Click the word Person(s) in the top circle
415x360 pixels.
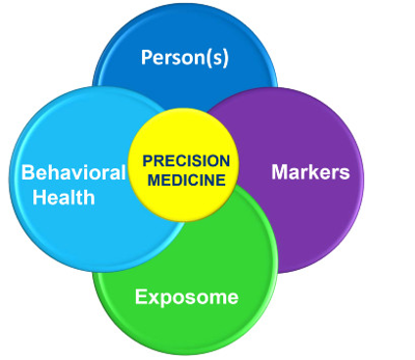(x=185, y=57)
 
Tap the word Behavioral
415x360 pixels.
(x=74, y=173)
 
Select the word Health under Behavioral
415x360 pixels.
(x=64, y=197)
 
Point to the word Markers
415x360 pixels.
(x=309, y=173)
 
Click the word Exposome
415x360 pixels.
(x=186, y=295)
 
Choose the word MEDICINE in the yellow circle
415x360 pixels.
(x=186, y=179)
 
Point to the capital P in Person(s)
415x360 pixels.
(x=146, y=57)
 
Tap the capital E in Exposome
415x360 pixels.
(x=140, y=295)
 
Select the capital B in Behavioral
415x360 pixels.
(x=27, y=173)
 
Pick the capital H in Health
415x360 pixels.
(x=39, y=197)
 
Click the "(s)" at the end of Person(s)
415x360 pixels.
(x=217, y=57)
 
